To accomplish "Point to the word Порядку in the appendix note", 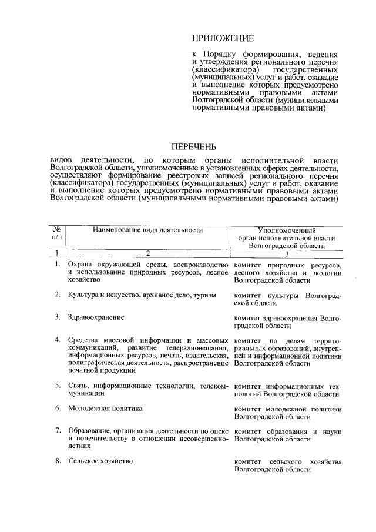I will point(220,55).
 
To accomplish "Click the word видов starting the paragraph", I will point(62,160).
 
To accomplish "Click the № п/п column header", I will point(57,234).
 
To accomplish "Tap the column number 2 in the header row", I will point(147,253).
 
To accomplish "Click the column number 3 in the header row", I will point(287,253).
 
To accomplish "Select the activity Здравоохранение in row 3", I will point(96,317).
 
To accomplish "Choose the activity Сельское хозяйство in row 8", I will point(100,461).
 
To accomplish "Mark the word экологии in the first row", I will point(328,272).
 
